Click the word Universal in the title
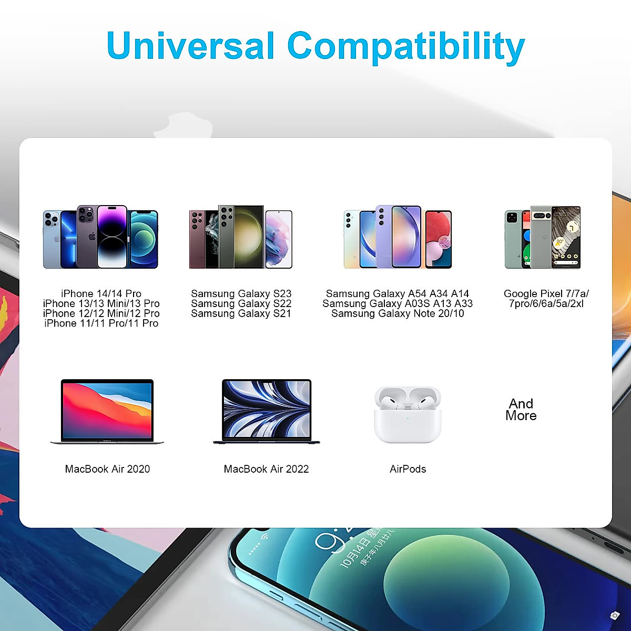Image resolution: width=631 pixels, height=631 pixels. click(x=190, y=45)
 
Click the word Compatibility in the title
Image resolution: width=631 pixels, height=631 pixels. click(x=406, y=47)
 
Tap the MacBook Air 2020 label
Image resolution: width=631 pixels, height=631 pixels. click(x=107, y=469)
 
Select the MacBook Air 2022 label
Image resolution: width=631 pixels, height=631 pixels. click(x=266, y=469)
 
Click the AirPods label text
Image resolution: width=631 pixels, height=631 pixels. click(x=408, y=469)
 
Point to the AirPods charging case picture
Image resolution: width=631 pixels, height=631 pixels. click(x=408, y=414)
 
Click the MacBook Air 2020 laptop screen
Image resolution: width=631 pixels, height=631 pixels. click(x=107, y=410)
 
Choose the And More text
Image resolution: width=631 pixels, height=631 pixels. click(x=521, y=410)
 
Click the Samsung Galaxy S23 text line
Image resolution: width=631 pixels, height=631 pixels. click(x=241, y=293)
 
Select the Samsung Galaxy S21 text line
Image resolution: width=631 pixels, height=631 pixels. click(x=241, y=313)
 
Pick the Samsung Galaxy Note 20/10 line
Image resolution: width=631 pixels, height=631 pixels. click(x=398, y=313)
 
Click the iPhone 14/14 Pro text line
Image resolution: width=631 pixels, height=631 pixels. click(x=101, y=293)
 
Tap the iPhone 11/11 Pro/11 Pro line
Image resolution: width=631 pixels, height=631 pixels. click(x=101, y=323)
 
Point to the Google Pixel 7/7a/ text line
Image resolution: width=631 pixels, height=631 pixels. click(x=546, y=293)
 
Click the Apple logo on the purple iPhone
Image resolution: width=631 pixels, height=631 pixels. click(x=93, y=236)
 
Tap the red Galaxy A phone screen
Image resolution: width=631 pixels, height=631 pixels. click(x=439, y=239)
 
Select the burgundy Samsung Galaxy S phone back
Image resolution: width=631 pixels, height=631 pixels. click(x=197, y=239)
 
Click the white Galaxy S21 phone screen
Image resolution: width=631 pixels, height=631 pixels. click(x=279, y=239)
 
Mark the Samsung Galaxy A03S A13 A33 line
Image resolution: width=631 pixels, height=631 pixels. click(x=398, y=303)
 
